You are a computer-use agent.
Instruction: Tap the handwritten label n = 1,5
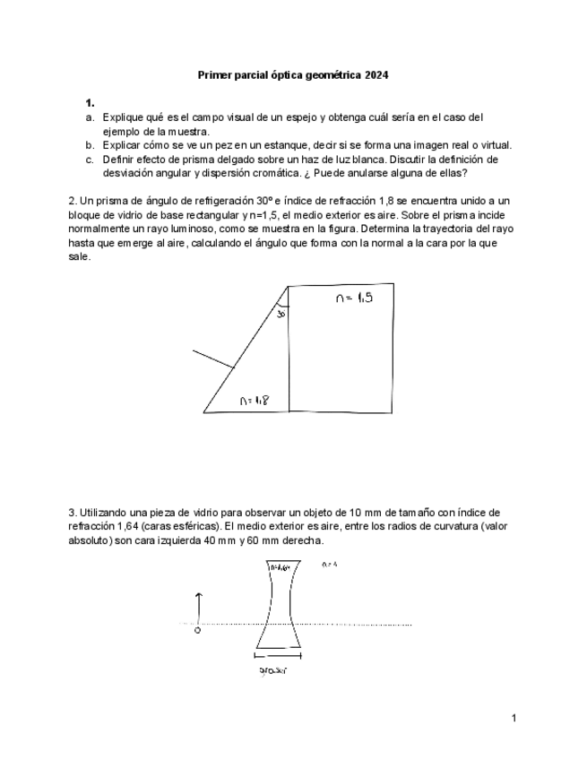click(x=354, y=299)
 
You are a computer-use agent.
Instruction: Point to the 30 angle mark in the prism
click(x=281, y=315)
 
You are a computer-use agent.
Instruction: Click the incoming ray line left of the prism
click(x=213, y=359)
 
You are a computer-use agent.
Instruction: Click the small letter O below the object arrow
click(x=197, y=630)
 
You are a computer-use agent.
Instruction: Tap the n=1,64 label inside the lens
click(x=279, y=568)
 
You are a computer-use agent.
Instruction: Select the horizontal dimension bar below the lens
click(x=277, y=656)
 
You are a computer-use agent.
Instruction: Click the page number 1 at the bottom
click(x=514, y=718)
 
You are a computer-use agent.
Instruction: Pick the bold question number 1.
click(x=90, y=103)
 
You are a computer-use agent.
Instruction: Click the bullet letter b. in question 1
click(x=91, y=145)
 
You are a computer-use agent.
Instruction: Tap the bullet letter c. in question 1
click(x=91, y=160)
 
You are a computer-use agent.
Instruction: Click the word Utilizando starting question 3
click(x=104, y=513)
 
